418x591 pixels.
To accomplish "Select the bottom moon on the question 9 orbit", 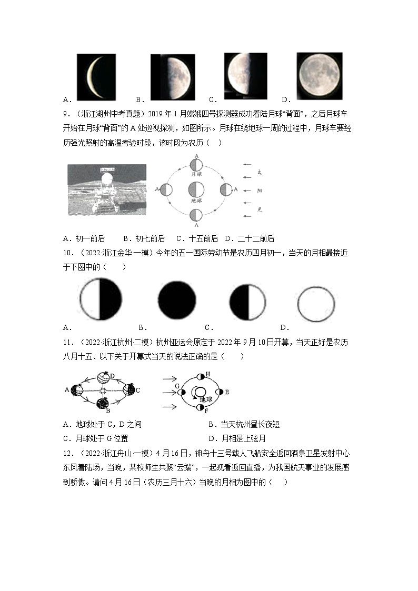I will pyautogui.click(x=196, y=214).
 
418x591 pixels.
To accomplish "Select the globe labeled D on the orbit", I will pyautogui.click(x=104, y=378).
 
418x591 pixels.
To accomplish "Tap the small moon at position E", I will pyautogui.click(x=220, y=392).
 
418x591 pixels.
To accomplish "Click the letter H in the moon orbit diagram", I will pyautogui.click(x=207, y=374).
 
